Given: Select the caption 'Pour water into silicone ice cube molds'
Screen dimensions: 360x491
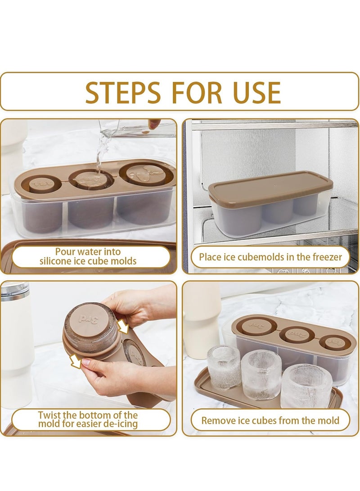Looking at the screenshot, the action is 88,257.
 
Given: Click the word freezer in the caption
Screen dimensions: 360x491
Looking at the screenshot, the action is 325,257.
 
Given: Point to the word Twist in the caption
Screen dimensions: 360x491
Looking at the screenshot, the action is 49,415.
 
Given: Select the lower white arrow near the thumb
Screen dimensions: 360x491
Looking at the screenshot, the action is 76,361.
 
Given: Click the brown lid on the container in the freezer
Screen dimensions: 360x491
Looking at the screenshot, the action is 270,185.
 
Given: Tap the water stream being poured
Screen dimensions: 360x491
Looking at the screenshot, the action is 101,157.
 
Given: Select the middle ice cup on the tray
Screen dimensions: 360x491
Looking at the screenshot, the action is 261,374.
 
